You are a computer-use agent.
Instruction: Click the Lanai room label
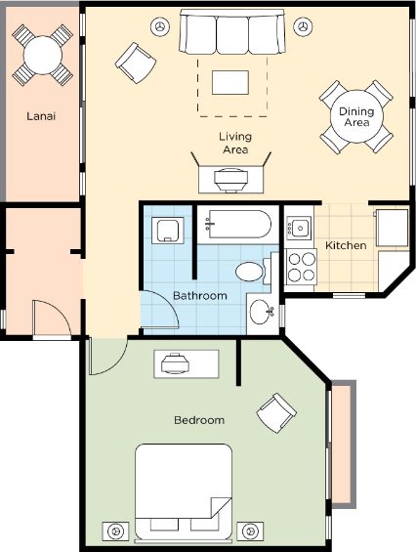[41, 116]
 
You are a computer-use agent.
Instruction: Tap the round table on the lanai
[43, 55]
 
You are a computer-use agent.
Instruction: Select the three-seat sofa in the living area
[232, 31]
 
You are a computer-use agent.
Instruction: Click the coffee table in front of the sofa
[230, 82]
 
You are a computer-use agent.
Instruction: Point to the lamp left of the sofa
[160, 26]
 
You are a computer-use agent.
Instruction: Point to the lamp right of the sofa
[303, 26]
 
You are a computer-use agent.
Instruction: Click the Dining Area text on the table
[356, 117]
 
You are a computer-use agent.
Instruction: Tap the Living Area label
[235, 143]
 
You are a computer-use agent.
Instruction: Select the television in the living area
[231, 180]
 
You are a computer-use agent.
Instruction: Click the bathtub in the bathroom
[238, 225]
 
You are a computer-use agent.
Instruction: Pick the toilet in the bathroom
[253, 271]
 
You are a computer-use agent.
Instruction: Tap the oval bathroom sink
[261, 312]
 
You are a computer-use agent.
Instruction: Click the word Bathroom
[200, 295]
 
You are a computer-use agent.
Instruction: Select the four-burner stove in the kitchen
[302, 266]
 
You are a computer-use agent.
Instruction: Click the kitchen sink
[299, 228]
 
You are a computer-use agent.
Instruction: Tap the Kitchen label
[346, 245]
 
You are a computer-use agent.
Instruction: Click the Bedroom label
[199, 420]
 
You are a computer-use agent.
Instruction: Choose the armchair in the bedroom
[276, 413]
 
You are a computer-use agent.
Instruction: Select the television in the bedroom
[175, 363]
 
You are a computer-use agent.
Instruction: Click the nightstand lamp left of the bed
[115, 531]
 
